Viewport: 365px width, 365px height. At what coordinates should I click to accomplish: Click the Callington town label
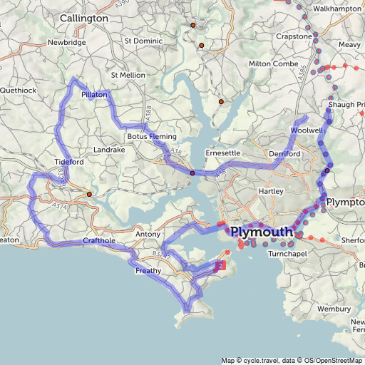point(84,18)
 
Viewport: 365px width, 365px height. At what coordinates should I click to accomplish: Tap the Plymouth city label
point(261,232)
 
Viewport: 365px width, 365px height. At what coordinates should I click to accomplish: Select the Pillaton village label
point(94,94)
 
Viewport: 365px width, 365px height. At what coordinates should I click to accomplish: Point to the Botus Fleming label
point(151,136)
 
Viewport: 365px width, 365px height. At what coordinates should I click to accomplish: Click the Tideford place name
point(68,162)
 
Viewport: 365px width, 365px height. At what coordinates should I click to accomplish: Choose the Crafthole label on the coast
point(98,241)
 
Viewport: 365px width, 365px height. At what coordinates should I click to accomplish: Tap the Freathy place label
point(148,270)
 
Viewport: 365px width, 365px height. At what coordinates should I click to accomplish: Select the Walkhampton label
point(337,9)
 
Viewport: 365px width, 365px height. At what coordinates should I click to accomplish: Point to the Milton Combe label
point(274,63)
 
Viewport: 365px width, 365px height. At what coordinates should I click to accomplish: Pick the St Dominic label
point(143,41)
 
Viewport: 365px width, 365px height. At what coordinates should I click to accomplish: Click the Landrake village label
point(109,150)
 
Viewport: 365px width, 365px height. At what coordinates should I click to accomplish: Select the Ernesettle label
point(222,153)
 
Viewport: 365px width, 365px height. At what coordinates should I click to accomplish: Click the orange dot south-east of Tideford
point(89,194)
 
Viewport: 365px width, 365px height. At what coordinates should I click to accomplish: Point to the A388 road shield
point(148,112)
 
